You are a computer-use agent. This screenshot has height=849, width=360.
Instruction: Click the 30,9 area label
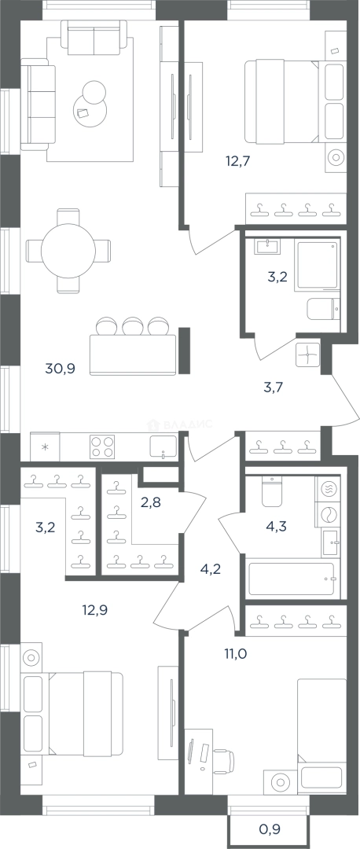[x=60, y=369]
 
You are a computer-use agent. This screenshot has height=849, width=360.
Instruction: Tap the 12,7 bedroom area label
[x=239, y=160]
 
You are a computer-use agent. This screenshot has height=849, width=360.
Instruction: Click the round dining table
[x=68, y=251]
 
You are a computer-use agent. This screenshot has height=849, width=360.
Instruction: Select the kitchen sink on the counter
[x=163, y=447]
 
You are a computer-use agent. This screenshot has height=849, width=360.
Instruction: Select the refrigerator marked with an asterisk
[x=45, y=447]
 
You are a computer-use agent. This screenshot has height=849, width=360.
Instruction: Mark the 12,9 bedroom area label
[x=95, y=610]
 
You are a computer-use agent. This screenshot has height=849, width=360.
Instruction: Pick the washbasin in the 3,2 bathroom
[x=267, y=246]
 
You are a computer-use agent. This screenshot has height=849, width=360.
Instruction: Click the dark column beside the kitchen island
[x=185, y=351]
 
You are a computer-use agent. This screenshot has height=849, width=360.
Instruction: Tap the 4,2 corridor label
[x=211, y=569]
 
